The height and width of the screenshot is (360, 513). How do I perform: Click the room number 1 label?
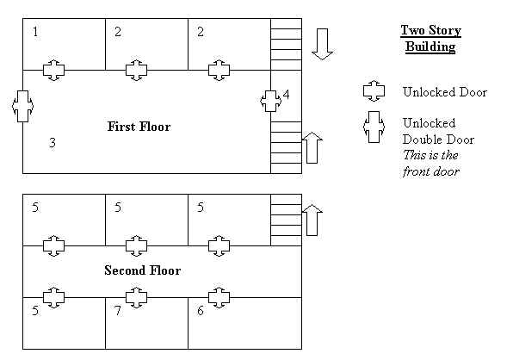(35, 32)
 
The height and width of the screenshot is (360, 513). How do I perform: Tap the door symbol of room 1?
(54, 70)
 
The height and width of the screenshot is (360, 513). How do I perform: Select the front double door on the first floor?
(22, 106)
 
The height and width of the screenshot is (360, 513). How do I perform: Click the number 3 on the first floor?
(53, 143)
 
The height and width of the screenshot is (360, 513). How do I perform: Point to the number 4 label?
(287, 95)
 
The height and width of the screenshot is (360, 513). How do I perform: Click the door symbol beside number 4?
(270, 101)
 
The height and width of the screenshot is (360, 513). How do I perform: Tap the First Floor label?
(139, 127)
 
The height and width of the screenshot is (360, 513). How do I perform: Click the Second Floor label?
(143, 270)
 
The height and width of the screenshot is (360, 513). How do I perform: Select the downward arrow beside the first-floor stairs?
(323, 44)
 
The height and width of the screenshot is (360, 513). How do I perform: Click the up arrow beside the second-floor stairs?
(312, 220)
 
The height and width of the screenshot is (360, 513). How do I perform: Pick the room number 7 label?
(118, 310)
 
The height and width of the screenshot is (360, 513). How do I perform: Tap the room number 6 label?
(201, 310)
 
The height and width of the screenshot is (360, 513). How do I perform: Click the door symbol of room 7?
(137, 297)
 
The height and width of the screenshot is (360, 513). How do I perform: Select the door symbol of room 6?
(219, 297)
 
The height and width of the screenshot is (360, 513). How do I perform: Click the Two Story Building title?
(431, 38)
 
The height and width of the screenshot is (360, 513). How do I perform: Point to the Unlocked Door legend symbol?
(374, 91)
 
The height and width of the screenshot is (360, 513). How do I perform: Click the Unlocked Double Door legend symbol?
(374, 127)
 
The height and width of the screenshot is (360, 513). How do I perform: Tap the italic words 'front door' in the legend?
(431, 171)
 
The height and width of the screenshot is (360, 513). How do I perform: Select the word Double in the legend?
(422, 140)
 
